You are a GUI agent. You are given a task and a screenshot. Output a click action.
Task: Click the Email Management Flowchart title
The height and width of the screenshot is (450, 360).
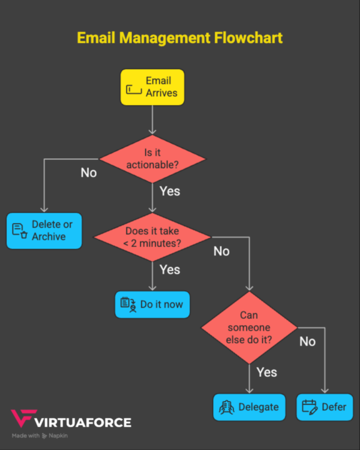[x=179, y=37]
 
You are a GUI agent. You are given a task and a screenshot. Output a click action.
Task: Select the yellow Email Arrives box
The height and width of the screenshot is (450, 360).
[x=152, y=87]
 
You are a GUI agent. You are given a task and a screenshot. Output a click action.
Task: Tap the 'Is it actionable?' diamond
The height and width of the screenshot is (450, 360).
[x=152, y=159]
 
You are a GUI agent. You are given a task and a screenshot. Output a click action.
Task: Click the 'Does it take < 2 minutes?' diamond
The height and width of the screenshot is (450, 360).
[x=152, y=237]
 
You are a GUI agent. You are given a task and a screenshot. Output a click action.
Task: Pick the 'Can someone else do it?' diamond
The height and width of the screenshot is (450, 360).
[x=249, y=327]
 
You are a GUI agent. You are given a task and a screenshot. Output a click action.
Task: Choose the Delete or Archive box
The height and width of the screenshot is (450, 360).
[x=44, y=231]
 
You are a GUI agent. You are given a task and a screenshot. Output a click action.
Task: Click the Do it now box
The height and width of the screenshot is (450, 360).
[x=152, y=304]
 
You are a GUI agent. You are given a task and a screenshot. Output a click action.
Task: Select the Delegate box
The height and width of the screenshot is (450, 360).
[x=249, y=407]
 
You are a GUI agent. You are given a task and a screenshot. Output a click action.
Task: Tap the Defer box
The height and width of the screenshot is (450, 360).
[x=324, y=407]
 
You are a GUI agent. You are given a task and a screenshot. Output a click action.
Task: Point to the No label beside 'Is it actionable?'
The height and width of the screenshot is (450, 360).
[x=89, y=172]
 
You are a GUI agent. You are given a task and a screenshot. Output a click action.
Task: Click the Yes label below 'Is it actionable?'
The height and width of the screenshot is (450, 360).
[x=169, y=191]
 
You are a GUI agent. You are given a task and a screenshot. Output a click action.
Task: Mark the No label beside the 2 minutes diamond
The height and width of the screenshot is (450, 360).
[x=221, y=251]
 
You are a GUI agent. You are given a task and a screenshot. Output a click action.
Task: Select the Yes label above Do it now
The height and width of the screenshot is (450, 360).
[x=169, y=269]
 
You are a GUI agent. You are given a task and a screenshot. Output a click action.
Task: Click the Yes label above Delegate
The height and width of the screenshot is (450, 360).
[x=266, y=372]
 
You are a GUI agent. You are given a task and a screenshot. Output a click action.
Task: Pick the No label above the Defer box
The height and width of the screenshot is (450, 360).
[x=307, y=341]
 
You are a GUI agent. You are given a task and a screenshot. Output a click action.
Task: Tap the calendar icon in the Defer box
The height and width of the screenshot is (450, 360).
[x=309, y=407]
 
